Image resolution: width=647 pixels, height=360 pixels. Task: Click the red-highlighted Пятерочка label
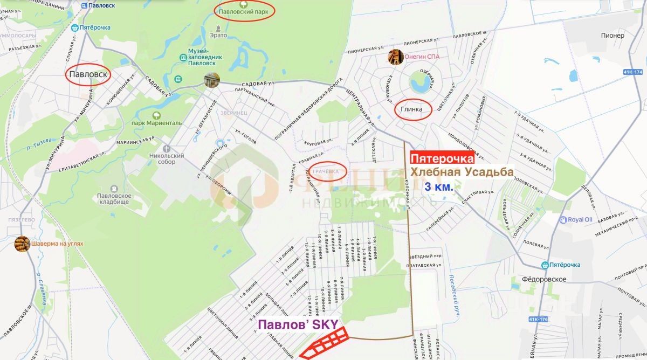pos(442,158)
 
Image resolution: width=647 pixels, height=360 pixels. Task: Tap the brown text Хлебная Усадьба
pos(460,172)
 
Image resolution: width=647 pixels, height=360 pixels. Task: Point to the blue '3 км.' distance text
pos(439,188)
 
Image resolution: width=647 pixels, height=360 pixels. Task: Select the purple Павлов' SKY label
pos(298,324)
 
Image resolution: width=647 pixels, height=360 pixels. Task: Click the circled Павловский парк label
pos(244,10)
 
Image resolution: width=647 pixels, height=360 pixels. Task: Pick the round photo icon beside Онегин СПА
pos(396,56)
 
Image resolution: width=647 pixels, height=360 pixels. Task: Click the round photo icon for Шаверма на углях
pos(22,244)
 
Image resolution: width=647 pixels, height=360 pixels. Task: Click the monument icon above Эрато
pos(218,26)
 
